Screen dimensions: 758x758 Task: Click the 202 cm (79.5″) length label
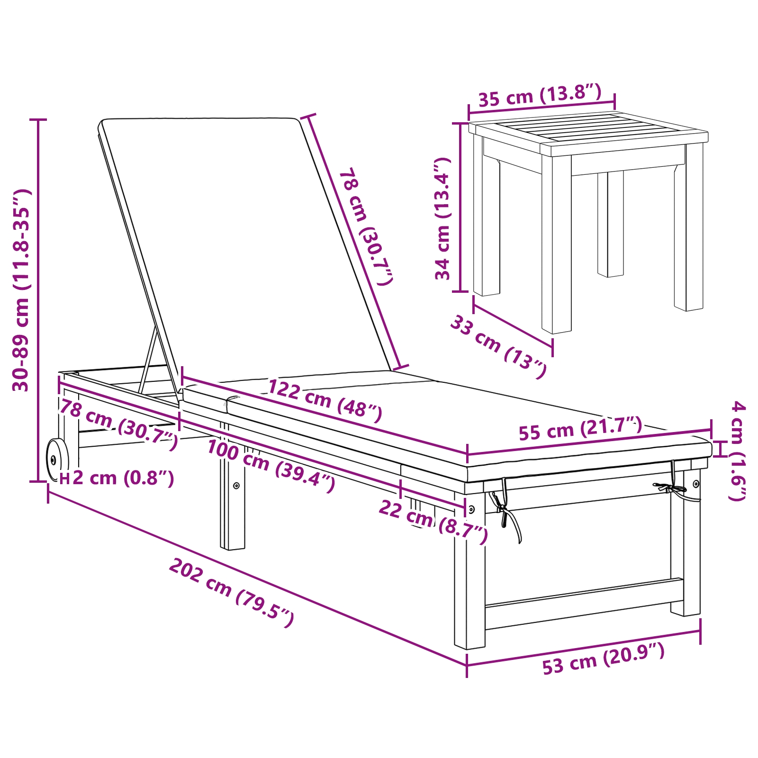click(232, 592)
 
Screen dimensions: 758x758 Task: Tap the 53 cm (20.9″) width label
click(604, 658)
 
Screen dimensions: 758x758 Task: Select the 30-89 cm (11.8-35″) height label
click(21, 290)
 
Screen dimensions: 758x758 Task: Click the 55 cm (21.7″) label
click(580, 428)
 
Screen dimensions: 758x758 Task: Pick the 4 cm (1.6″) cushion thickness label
click(737, 451)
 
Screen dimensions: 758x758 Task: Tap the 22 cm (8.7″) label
click(433, 522)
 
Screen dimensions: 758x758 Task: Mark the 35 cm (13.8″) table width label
click(540, 95)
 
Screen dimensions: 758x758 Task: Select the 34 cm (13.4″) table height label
click(442, 219)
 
